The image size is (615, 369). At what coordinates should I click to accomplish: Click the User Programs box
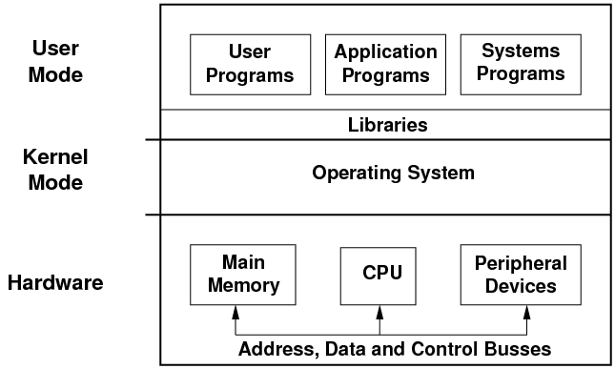point(251,63)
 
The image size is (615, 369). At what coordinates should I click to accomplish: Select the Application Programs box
point(386,63)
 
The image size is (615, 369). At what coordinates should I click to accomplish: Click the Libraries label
point(386,125)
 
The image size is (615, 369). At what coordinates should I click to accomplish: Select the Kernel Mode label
point(55,169)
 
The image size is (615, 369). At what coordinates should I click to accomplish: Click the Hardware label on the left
point(55,283)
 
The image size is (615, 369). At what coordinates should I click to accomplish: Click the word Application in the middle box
point(386,52)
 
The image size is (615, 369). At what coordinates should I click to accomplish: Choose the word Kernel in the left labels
point(55,157)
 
